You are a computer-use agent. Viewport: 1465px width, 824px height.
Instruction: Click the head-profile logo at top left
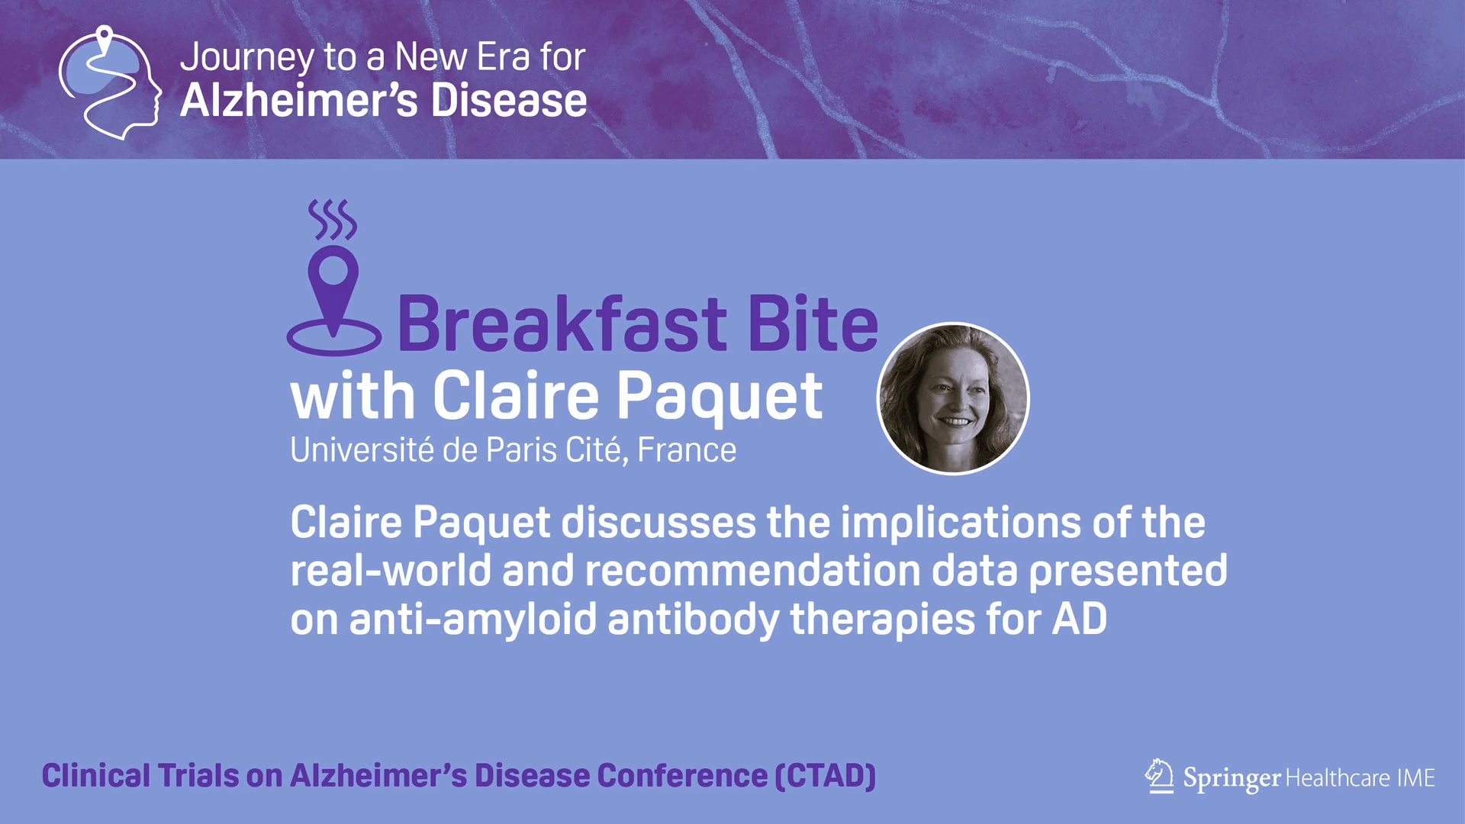tap(110, 82)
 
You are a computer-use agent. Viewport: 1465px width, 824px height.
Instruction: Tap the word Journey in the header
tap(247, 58)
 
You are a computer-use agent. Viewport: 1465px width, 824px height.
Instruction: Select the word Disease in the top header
tap(509, 101)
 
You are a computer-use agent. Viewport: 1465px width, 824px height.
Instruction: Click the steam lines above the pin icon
tap(333, 220)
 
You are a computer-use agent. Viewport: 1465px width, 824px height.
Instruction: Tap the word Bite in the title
tap(813, 323)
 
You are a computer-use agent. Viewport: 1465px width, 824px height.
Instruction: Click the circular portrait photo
tap(953, 398)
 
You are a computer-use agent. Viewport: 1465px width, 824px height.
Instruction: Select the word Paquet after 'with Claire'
tap(720, 397)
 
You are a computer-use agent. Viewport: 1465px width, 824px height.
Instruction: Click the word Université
tap(362, 449)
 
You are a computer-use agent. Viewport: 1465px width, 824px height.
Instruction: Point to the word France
tap(687, 450)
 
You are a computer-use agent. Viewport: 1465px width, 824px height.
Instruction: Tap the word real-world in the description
tap(390, 571)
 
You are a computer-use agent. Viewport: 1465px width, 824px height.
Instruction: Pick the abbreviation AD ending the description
tap(1080, 619)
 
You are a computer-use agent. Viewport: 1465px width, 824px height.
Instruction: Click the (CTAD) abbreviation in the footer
tap(826, 776)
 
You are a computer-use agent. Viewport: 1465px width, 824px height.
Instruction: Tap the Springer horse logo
tap(1160, 776)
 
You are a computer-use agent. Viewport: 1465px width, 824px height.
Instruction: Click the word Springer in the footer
tap(1232, 778)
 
